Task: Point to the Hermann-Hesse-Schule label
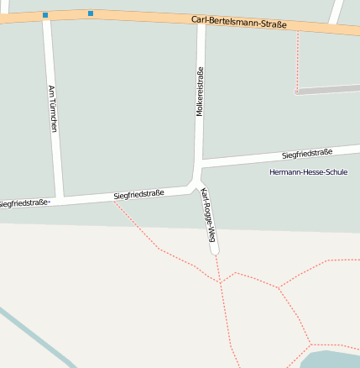click(308, 172)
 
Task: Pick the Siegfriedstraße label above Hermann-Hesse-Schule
click(307, 154)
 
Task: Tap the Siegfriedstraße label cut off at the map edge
click(23, 203)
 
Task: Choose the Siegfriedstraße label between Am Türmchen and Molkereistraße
click(138, 195)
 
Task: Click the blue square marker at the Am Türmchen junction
click(45, 15)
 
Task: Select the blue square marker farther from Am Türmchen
click(91, 13)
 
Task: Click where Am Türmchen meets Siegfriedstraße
click(58, 200)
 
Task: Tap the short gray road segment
click(327, 88)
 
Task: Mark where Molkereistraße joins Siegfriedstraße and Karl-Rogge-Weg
click(196, 179)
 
